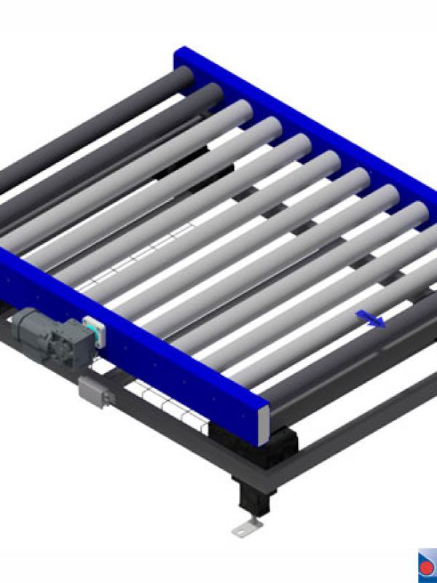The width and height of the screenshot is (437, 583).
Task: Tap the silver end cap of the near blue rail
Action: click(x=264, y=424)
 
